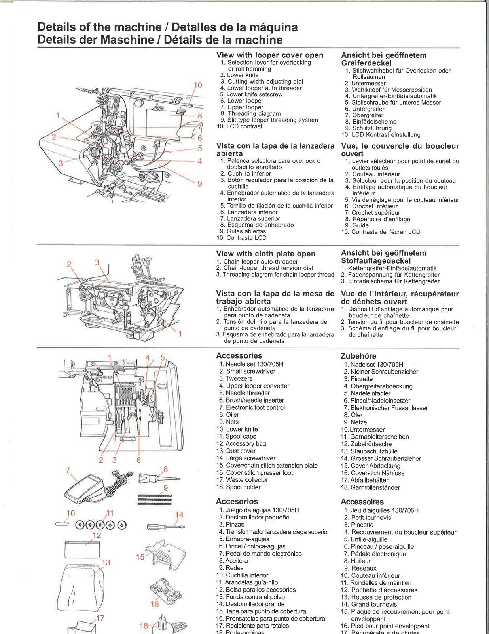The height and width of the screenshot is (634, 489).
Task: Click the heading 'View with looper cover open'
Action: (269, 55)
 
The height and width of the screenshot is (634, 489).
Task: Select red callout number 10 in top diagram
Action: (198, 85)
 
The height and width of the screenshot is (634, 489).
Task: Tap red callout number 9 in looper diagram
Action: (200, 183)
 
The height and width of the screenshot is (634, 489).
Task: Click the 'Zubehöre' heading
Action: (358, 356)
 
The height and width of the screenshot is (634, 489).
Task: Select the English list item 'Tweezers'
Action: (239, 378)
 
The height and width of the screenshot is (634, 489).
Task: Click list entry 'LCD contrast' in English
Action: (244, 126)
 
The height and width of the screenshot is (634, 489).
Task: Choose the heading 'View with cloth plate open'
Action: (265, 254)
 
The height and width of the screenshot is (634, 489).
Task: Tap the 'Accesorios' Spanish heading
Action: (237, 501)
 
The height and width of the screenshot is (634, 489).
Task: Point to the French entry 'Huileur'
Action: (360, 561)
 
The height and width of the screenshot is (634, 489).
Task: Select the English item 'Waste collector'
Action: (247, 480)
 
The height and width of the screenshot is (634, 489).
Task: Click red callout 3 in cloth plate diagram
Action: (97, 262)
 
